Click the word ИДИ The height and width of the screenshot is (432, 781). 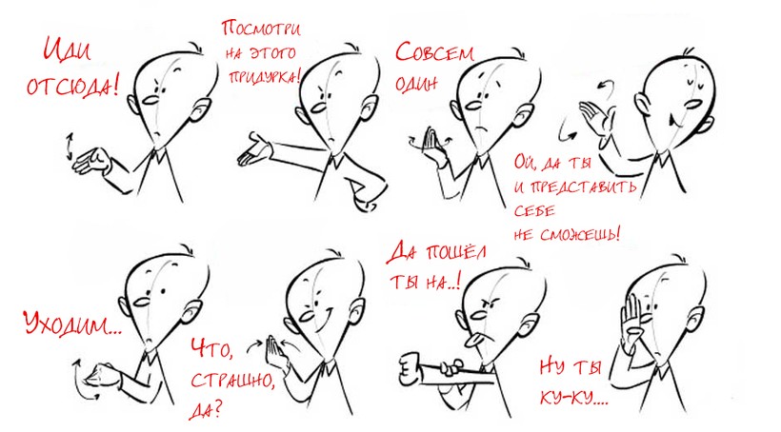[67, 49]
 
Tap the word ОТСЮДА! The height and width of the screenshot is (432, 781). [72, 86]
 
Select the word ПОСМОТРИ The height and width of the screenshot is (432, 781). [261, 28]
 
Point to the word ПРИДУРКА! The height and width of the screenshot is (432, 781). [265, 77]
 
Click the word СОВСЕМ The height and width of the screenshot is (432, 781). [434, 52]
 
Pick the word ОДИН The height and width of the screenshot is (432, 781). [416, 84]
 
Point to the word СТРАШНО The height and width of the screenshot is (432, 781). [232, 381]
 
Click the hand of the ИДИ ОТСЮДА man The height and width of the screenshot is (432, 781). [92, 161]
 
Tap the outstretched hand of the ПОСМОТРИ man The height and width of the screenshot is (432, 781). [254, 149]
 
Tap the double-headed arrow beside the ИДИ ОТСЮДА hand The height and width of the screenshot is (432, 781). [70, 146]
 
